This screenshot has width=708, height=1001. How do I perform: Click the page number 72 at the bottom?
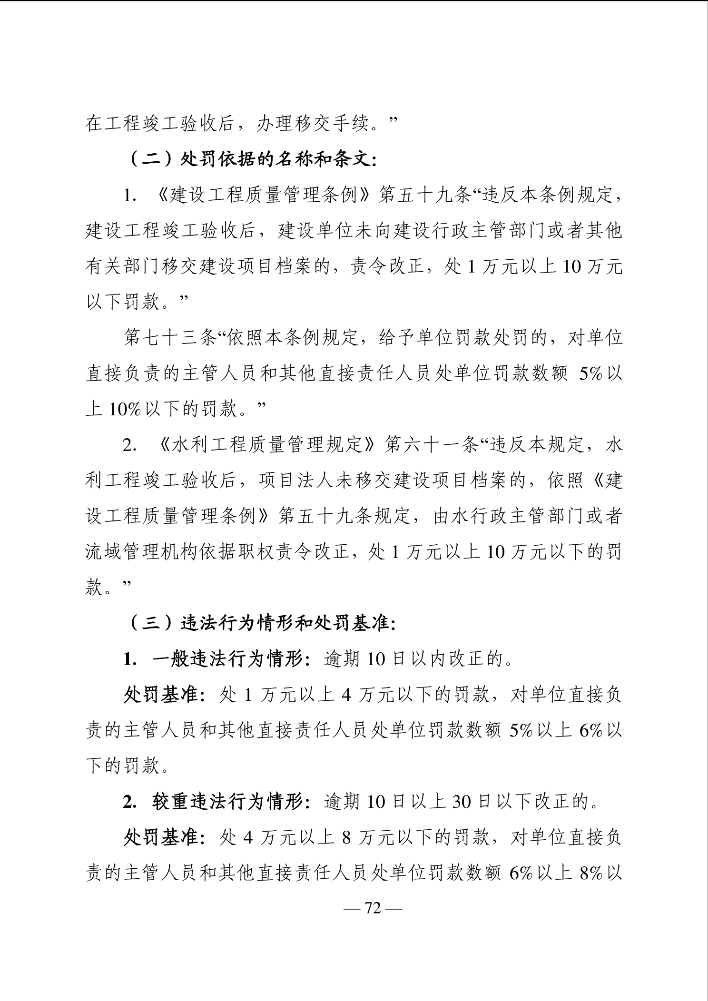(x=373, y=908)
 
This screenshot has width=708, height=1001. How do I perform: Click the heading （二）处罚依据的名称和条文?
(x=253, y=159)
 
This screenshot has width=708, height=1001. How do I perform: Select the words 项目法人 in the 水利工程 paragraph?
(x=295, y=481)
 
